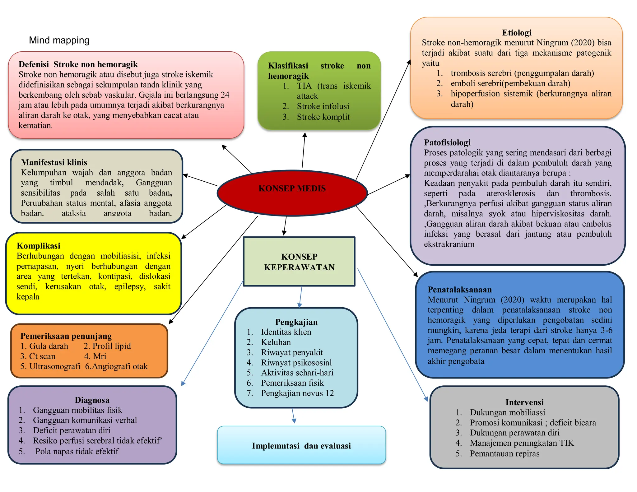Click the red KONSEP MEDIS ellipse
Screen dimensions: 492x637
coord(292,193)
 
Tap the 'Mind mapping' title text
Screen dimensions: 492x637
coord(59,40)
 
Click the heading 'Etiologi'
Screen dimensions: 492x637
coord(517,33)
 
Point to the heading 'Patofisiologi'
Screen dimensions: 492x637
coord(447,142)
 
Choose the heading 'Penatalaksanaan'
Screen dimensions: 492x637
coord(459,290)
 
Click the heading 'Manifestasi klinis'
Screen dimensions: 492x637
coord(54,162)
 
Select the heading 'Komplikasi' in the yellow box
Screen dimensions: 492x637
coord(39,246)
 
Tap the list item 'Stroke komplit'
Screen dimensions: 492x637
coord(323,117)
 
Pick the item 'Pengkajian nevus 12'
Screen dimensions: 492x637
coord(297,393)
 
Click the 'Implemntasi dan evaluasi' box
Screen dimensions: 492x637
coord(301,445)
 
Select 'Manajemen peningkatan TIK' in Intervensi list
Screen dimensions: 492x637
coord(521,443)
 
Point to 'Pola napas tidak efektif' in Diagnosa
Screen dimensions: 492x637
coord(77,451)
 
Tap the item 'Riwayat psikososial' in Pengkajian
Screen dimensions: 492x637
coord(296,363)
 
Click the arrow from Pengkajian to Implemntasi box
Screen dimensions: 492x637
coord(293,415)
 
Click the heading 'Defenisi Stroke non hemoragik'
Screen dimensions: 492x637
coord(78,64)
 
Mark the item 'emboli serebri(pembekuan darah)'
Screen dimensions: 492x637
coord(510,83)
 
